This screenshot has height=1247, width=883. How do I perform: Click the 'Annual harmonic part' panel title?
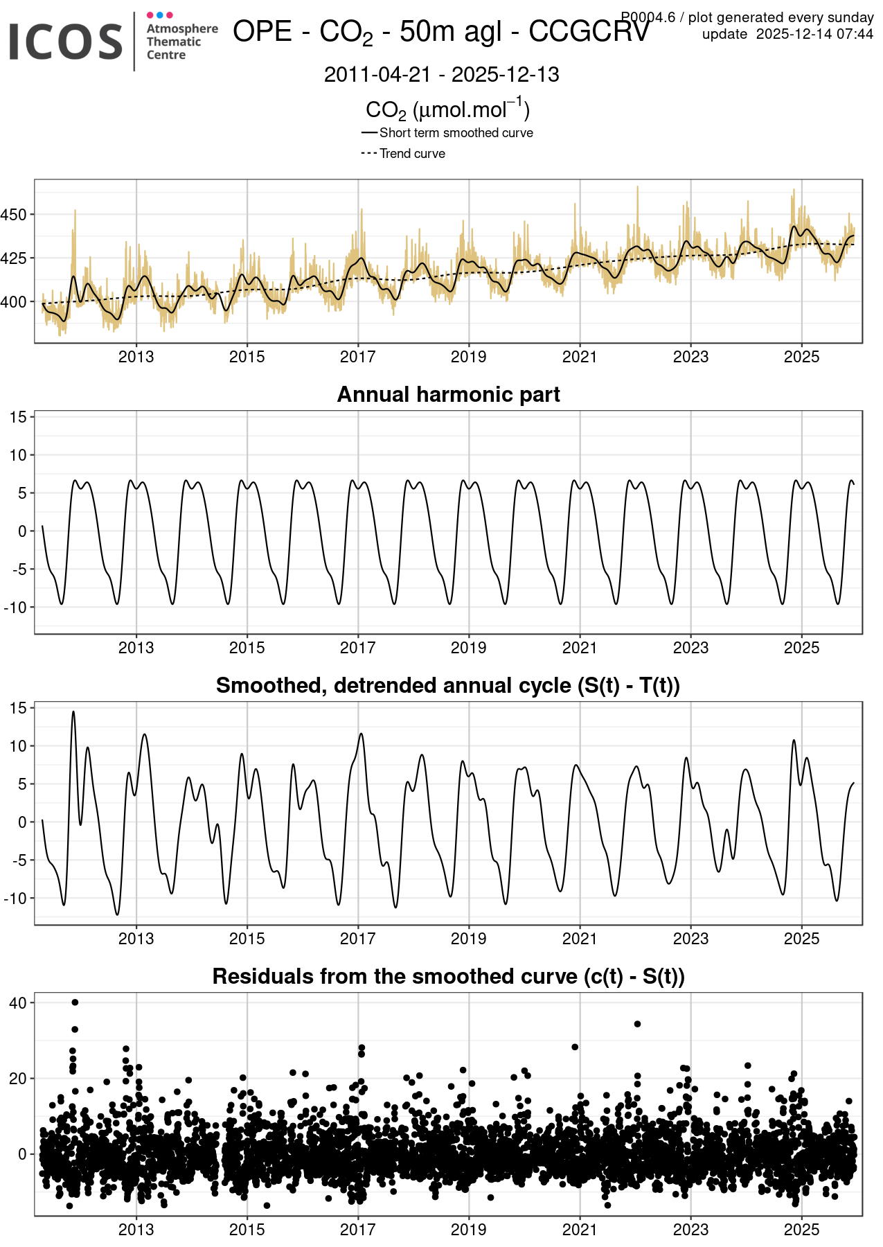(448, 394)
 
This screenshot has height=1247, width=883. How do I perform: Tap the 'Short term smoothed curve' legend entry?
(456, 133)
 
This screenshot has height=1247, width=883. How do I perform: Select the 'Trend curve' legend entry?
(412, 154)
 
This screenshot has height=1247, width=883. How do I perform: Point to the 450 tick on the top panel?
(14, 215)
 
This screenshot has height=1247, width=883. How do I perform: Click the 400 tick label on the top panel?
(14, 302)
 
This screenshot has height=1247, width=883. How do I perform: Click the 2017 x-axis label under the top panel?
(357, 357)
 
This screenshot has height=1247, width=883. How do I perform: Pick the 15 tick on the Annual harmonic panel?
(18, 417)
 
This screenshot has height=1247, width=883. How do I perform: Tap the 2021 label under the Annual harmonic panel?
(579, 648)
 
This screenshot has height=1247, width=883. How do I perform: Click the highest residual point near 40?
(75, 1002)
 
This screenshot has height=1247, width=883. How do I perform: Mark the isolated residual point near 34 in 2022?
(637, 1024)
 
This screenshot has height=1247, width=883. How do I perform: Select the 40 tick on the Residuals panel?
(18, 1003)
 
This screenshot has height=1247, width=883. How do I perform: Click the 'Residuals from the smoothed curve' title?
(448, 976)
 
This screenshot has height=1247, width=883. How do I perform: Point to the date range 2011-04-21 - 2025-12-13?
(441, 75)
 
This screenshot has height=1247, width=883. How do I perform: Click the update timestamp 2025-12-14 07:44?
(814, 34)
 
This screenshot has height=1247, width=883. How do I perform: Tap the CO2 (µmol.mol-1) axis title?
(447, 109)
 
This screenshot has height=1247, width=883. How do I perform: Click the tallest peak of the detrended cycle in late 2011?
(73, 712)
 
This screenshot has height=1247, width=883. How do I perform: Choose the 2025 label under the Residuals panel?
(801, 1230)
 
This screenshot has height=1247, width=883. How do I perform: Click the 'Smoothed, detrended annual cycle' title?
(448, 685)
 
